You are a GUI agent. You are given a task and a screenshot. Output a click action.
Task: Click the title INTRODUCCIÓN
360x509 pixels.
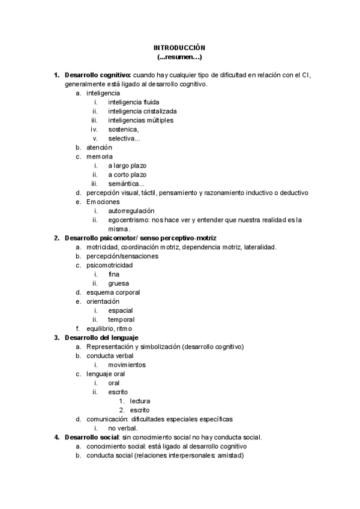pos(179,47)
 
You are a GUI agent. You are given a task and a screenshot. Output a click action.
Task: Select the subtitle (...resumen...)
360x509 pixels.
pos(179,57)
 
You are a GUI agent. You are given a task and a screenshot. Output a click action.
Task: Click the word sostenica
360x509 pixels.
pos(123,129)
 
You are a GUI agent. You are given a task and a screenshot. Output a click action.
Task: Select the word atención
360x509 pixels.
pos(99,147)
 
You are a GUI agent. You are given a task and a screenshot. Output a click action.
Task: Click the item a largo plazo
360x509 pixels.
pos(127,165)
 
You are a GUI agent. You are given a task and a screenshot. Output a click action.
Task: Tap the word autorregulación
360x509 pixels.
pos(131,211)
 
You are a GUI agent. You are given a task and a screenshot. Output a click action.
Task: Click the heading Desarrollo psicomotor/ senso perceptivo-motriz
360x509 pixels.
pos(140,238)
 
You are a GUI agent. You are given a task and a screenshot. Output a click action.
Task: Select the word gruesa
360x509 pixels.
pos(118,283)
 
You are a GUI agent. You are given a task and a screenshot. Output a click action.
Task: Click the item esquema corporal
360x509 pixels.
pos(113,292)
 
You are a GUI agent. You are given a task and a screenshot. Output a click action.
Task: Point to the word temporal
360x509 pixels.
pos(121,319)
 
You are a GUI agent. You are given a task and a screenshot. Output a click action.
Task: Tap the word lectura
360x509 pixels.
pos(140,401)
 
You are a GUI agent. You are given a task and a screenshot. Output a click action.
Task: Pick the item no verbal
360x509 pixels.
pos(122,428)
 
